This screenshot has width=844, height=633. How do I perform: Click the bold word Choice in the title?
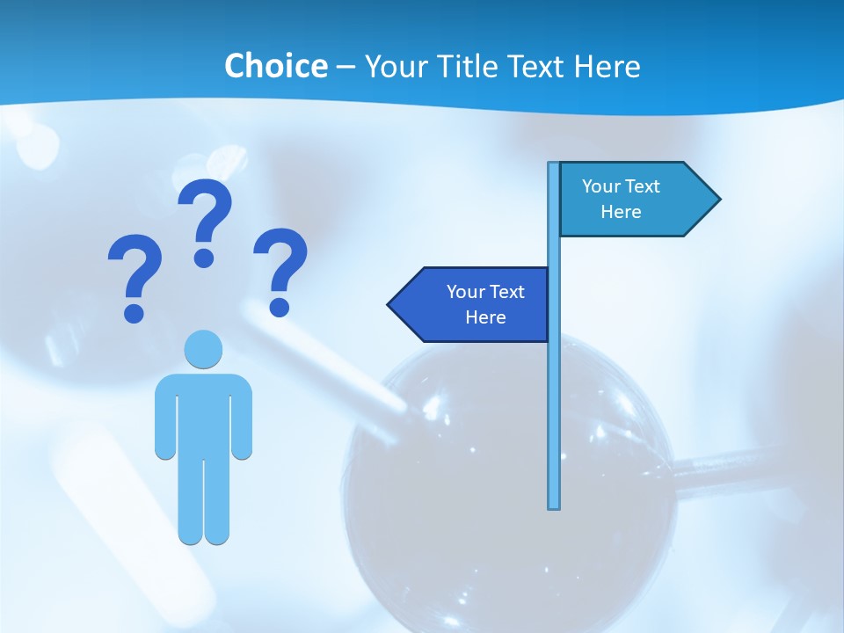(x=275, y=66)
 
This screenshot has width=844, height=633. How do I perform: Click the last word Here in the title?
(x=607, y=66)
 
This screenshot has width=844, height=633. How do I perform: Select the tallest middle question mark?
(x=205, y=220)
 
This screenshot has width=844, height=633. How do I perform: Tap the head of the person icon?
(x=203, y=349)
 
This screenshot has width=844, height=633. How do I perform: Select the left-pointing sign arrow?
(x=470, y=304)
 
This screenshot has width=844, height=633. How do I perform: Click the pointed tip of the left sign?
(x=389, y=304)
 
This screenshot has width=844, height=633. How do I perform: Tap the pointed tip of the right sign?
(x=718, y=200)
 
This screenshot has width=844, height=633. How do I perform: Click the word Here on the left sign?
(x=485, y=317)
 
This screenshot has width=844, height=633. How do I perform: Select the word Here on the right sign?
(x=621, y=212)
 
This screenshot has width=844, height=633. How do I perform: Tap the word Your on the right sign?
(x=600, y=186)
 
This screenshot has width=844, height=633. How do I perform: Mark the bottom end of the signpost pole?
(x=554, y=506)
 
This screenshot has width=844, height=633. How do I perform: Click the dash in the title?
(x=346, y=67)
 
